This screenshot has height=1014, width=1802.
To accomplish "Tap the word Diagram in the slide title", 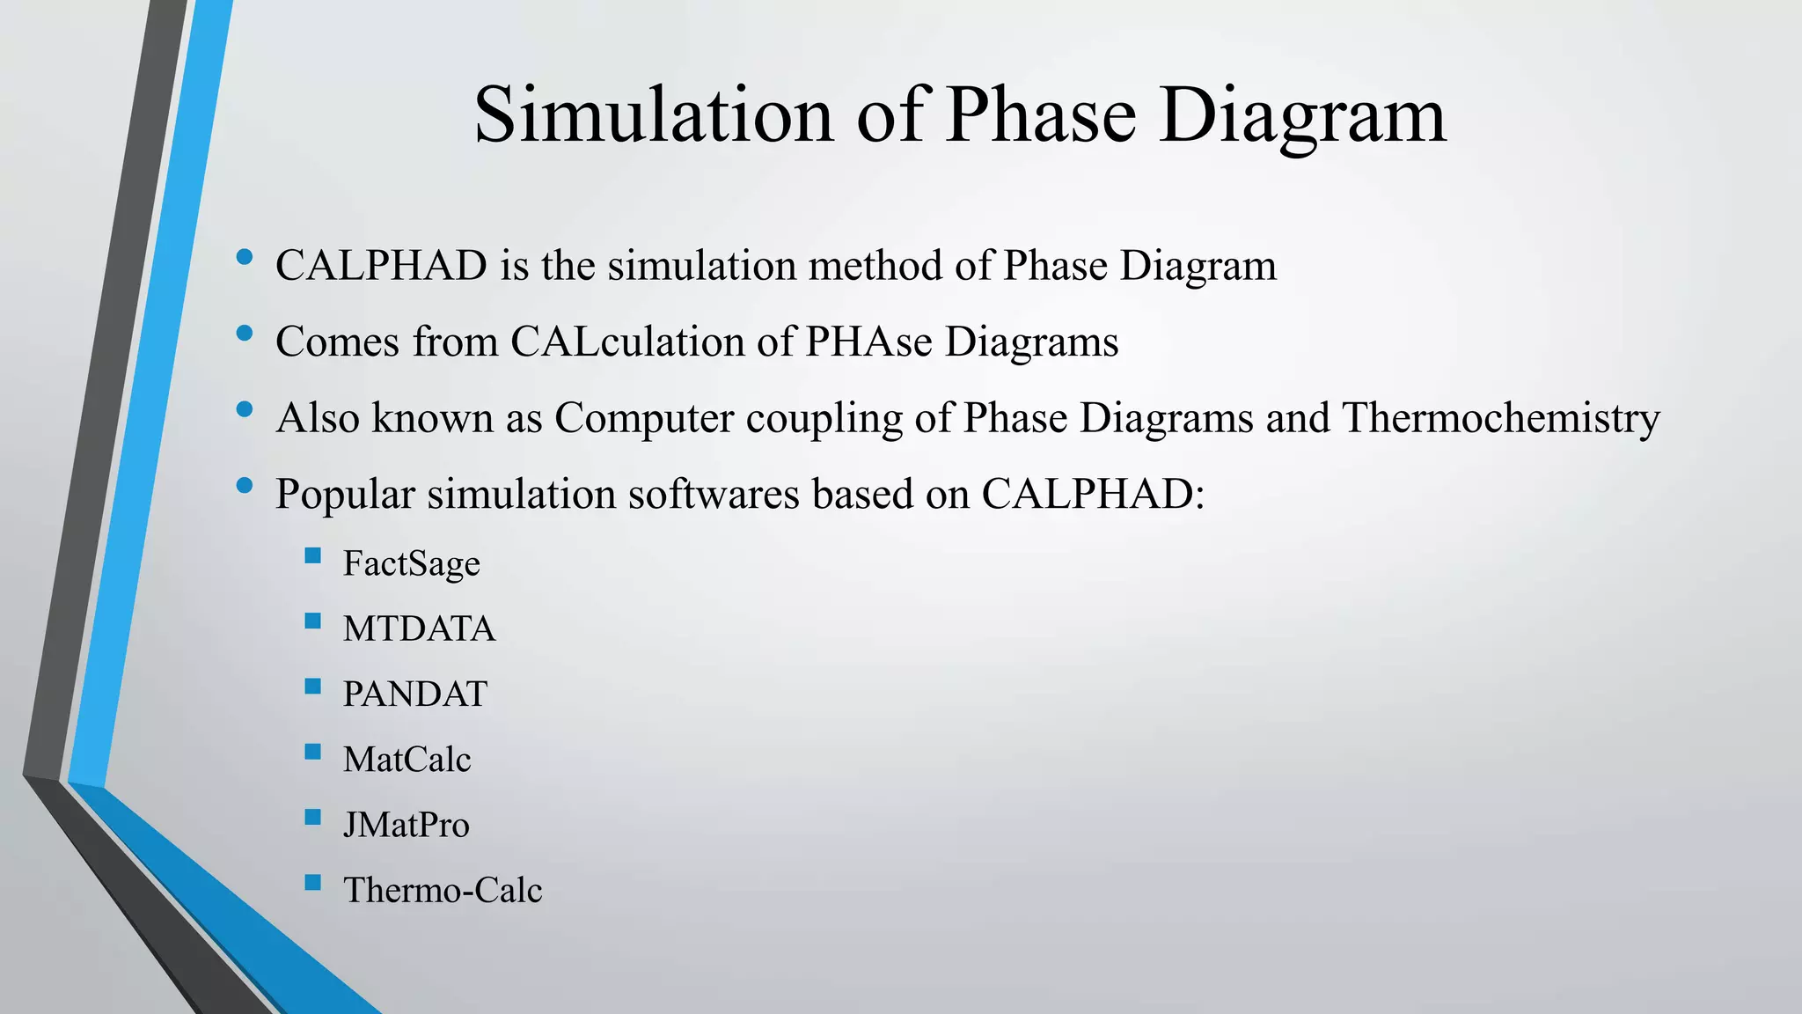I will pyautogui.click(x=1302, y=116).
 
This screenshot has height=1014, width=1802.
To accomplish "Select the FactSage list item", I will pyautogui.click(x=411, y=563).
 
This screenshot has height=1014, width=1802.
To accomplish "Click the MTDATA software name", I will pyautogui.click(x=419, y=628).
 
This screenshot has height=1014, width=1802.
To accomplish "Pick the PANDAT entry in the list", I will pyautogui.click(x=414, y=694).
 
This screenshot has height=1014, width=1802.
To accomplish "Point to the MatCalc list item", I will pyautogui.click(x=407, y=759).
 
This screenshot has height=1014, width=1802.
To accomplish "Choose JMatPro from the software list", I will pyautogui.click(x=406, y=825).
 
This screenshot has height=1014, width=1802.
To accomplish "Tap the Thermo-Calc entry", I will pyautogui.click(x=442, y=890).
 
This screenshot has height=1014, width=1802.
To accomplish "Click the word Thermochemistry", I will pyautogui.click(x=1501, y=418).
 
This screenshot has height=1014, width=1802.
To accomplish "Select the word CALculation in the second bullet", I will pyautogui.click(x=627, y=342).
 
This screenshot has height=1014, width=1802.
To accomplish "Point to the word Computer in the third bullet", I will pyautogui.click(x=643, y=418).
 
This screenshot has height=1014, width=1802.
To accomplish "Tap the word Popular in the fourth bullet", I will pyautogui.click(x=345, y=495).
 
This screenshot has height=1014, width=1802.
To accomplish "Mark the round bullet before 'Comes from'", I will pyautogui.click(x=245, y=334).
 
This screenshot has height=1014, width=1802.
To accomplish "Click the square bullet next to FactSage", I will pyautogui.click(x=312, y=555).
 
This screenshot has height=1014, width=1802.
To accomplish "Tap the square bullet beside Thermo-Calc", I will pyautogui.click(x=312, y=882).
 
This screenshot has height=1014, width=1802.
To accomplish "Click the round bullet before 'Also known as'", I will pyautogui.click(x=245, y=409).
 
